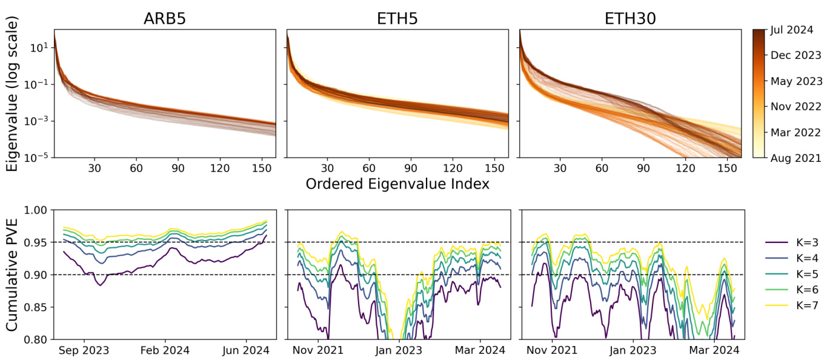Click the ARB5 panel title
point(164,19)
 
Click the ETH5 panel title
point(397,19)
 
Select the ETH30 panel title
point(630,19)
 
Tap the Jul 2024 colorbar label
point(791,29)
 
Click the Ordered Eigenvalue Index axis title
point(397,184)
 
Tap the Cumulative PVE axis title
point(12,275)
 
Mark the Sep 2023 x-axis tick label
point(84,350)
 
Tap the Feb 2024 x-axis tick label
point(165,350)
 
